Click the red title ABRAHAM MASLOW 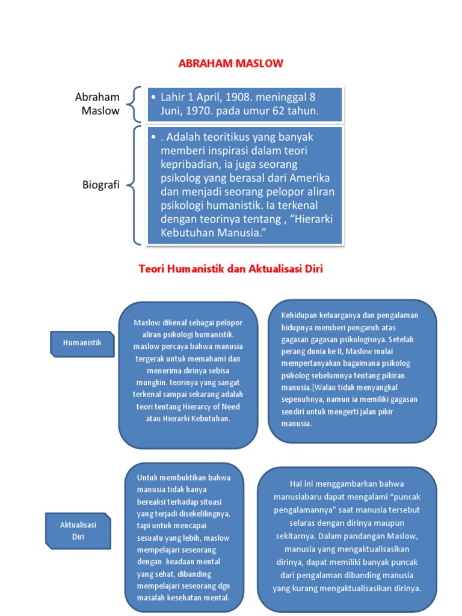(x=231, y=63)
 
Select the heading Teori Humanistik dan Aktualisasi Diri (x=231, y=269)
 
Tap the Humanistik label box (x=82, y=343)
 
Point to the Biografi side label (x=100, y=185)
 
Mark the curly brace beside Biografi (x=136, y=185)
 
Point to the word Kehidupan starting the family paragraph (x=298, y=315)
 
